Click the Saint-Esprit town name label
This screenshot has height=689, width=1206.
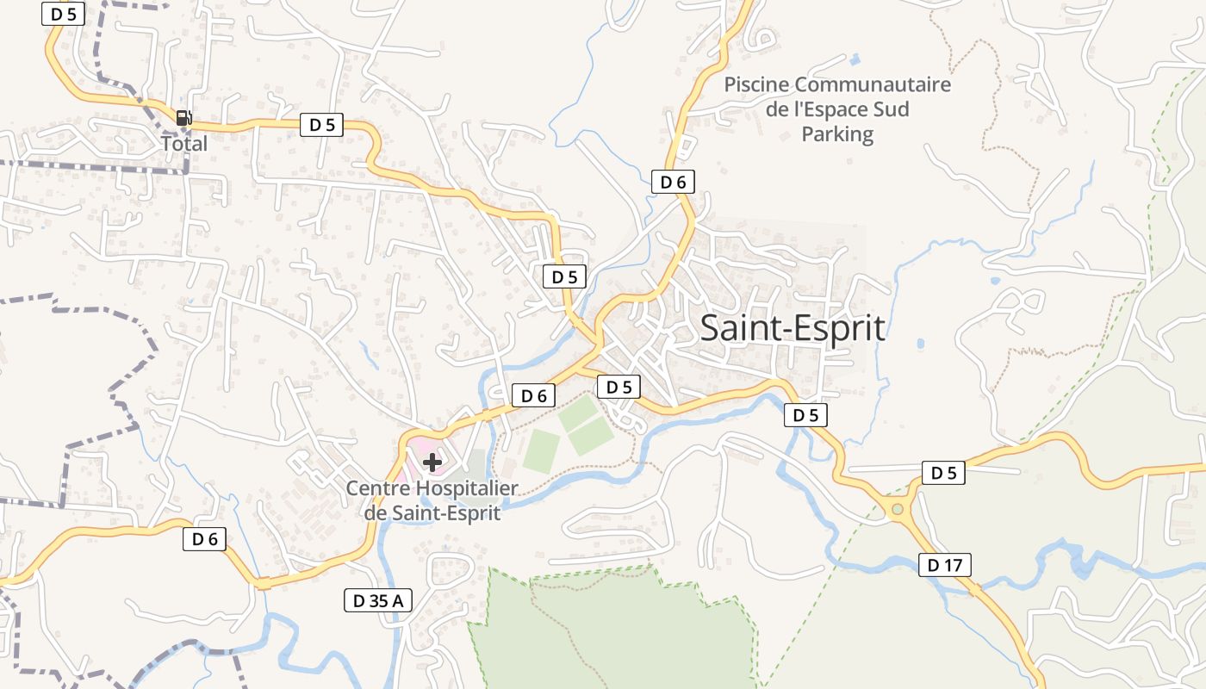click(x=793, y=328)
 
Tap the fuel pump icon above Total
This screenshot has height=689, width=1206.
click(x=183, y=118)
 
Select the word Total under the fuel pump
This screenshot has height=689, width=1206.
click(x=184, y=143)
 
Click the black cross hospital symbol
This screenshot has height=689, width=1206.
click(x=432, y=462)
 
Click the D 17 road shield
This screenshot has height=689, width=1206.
click(x=945, y=565)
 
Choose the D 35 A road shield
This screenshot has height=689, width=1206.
click(x=377, y=600)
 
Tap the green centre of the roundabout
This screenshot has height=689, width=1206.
click(x=898, y=510)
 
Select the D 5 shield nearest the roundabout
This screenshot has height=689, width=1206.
click(x=943, y=473)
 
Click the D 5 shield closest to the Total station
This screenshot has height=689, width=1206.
click(x=321, y=125)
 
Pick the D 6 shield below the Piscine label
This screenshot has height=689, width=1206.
click(x=673, y=182)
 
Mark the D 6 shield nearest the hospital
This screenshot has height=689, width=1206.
click(x=534, y=395)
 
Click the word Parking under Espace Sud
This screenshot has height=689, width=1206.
click(x=837, y=134)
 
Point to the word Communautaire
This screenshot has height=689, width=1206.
click(x=873, y=85)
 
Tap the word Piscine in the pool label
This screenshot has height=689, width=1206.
click(x=756, y=85)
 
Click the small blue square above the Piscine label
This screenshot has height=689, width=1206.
click(x=854, y=59)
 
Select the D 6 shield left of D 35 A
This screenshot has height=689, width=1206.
click(x=204, y=540)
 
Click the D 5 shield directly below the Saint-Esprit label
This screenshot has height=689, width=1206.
click(x=805, y=415)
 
